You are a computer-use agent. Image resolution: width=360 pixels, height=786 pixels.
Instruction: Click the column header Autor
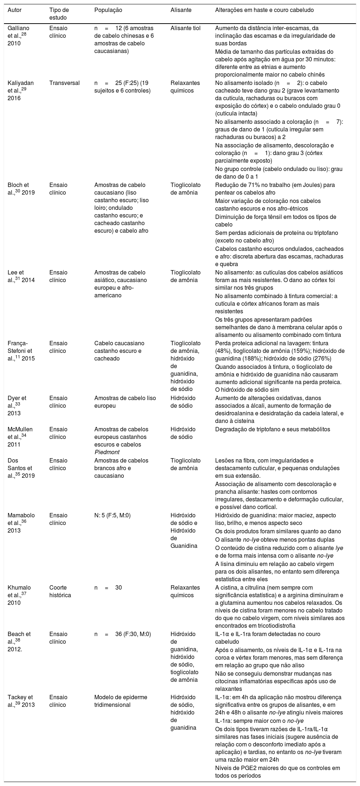pyautogui.click(x=15, y=10)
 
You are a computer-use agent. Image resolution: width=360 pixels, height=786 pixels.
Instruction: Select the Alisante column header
pyautogui.click(x=180, y=10)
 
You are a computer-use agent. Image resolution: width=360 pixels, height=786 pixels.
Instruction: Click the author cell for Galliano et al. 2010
pyautogui.click(x=19, y=36)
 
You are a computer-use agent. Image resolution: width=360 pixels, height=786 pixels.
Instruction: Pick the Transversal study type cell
pyautogui.click(x=64, y=82)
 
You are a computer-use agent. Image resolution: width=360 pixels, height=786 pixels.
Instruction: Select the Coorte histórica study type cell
pyautogui.click(x=60, y=591)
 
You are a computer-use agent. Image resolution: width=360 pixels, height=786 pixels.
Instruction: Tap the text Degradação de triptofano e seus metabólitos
pyautogui.click(x=273, y=429)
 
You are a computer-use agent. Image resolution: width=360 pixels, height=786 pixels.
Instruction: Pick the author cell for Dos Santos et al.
pyautogui.click(x=21, y=468)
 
